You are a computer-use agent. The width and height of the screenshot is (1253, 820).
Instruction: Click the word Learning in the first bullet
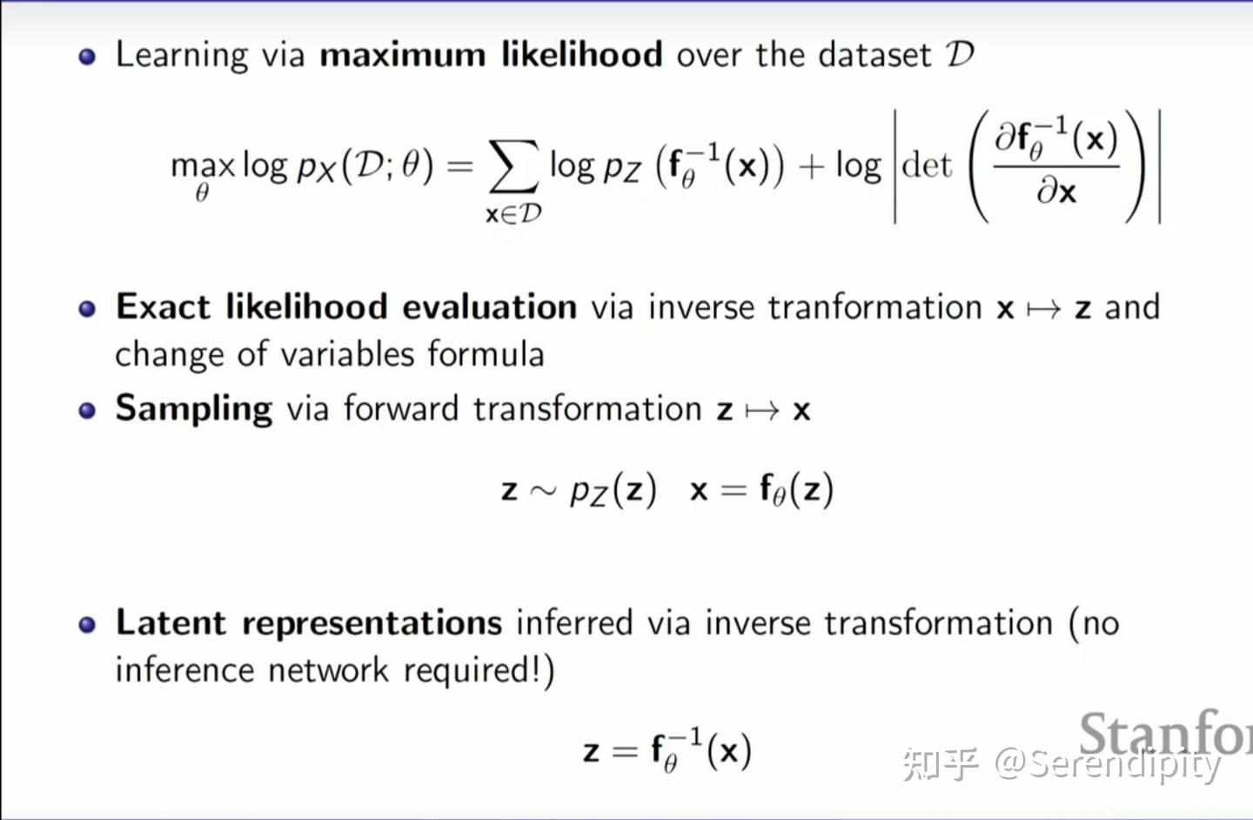pos(182,56)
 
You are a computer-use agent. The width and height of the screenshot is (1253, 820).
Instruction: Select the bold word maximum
pos(402,55)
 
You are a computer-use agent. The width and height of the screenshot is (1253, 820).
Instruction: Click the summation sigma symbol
pos(513,166)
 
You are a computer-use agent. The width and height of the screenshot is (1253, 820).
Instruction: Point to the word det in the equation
pos(927,165)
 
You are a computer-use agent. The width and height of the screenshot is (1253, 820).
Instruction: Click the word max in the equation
pos(203,165)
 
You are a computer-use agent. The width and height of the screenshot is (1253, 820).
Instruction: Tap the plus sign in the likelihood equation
pos(810,166)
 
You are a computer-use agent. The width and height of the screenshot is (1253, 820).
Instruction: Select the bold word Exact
pos(163,307)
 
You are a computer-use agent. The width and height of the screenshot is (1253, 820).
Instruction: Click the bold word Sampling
pos(193,409)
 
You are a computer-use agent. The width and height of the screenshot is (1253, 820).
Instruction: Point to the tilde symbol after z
pos(543,491)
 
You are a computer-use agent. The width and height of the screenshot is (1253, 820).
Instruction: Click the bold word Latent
pos(171,623)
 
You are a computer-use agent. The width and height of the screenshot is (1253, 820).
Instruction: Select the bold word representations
pos(372,623)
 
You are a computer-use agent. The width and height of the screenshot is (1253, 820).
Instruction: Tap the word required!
pos(478,670)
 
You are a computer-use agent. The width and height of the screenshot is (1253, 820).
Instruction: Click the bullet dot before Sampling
pos(87,410)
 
